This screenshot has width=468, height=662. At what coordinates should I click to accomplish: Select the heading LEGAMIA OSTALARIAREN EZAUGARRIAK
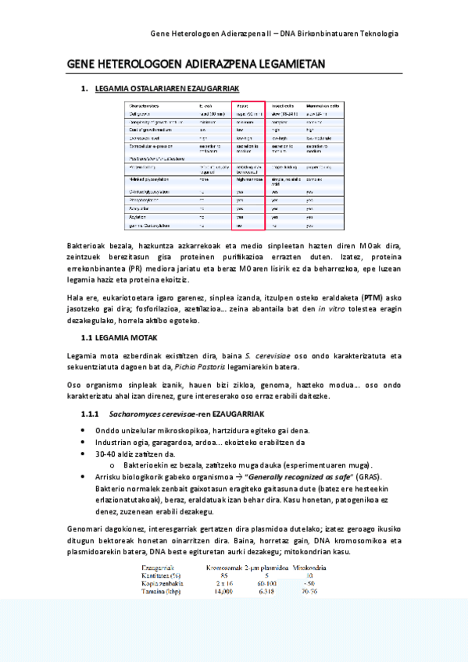(x=166, y=90)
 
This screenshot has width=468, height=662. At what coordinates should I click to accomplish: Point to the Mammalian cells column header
(x=322, y=105)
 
